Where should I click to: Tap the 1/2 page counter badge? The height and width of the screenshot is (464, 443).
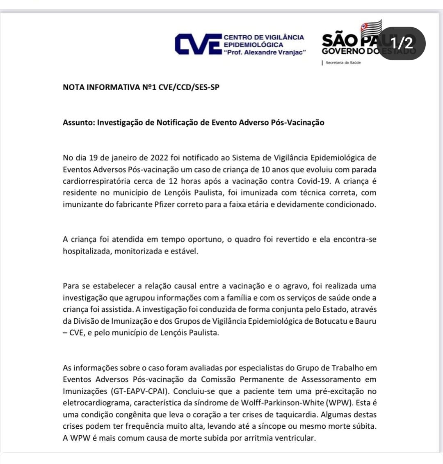[401, 43]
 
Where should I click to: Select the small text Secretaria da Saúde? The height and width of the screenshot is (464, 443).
[343, 63]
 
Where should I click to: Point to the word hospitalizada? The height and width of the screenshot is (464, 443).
[87, 251]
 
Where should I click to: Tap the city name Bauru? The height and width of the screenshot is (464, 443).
[366, 321]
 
